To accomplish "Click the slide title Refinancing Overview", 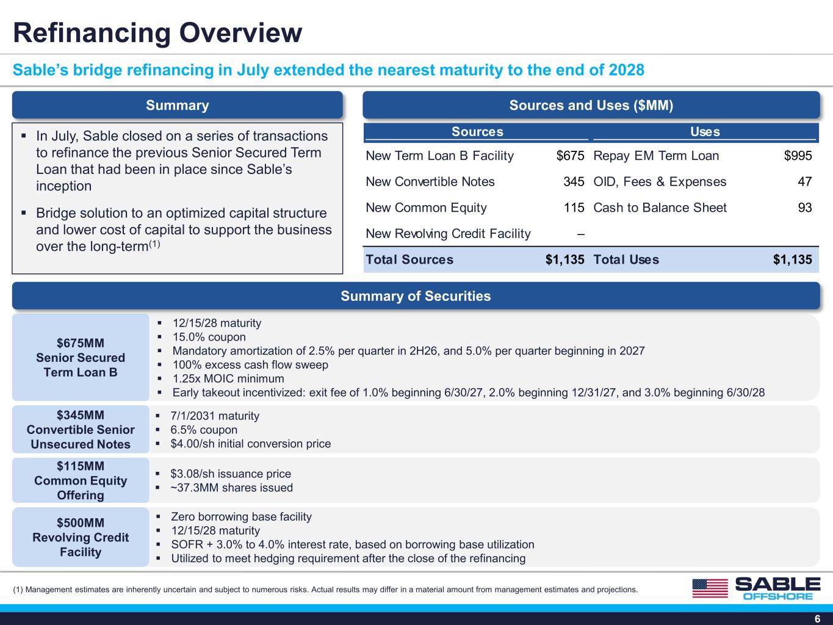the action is [157, 33].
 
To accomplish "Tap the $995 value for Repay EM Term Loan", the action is [798, 156].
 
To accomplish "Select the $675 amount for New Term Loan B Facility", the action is [570, 156].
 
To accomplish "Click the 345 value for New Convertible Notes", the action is [574, 182].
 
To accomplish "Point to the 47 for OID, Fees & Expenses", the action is [804, 182].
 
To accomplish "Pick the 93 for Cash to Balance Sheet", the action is [804, 208].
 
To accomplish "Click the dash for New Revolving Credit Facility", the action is [580, 234].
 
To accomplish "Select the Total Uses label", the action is [626, 259].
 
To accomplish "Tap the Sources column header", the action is [477, 132].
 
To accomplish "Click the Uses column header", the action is [705, 132].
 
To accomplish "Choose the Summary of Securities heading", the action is [416, 296].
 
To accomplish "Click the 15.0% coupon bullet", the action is [209, 337].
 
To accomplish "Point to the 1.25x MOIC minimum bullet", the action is [228, 378].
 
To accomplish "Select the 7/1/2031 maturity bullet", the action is [215, 416].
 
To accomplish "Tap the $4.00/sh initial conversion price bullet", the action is [250, 444].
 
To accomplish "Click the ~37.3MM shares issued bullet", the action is [231, 488].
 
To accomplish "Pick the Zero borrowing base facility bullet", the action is [242, 517].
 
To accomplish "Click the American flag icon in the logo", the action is [710, 588].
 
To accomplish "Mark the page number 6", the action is [817, 619].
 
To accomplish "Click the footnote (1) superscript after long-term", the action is [154, 244].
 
